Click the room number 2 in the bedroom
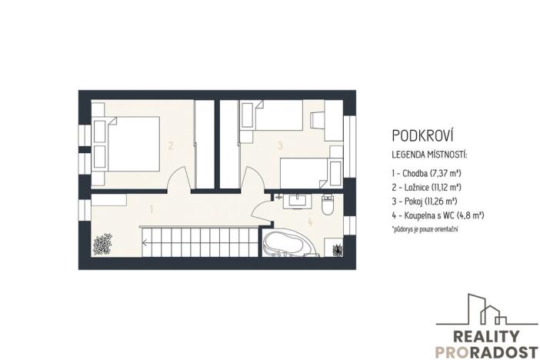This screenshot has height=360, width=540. pyautogui.click(x=171, y=145)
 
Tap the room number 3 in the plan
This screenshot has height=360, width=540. pyautogui.click(x=281, y=145)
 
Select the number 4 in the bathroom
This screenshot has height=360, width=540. pyautogui.click(x=310, y=223)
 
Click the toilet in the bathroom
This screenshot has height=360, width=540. pyautogui.click(x=327, y=205)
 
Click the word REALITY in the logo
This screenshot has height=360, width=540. pyautogui.click(x=476, y=335)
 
